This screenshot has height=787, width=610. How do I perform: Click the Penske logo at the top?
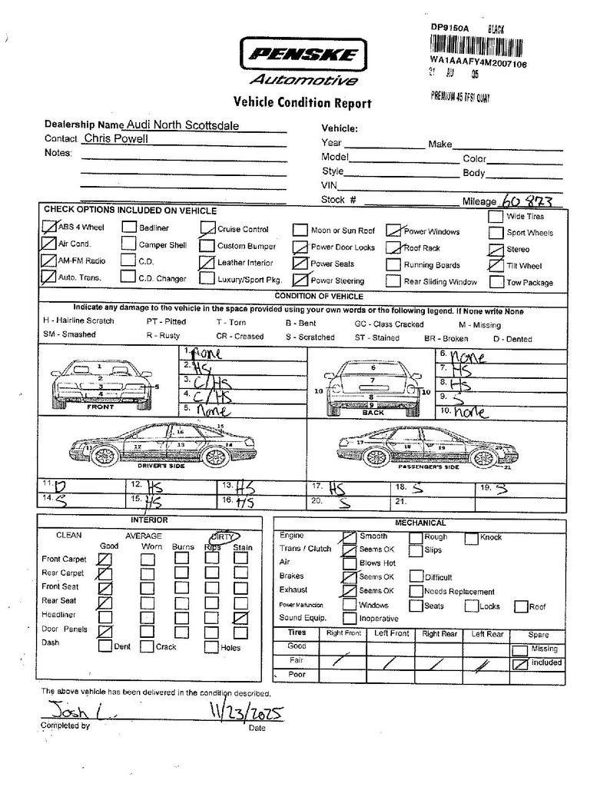point(303,55)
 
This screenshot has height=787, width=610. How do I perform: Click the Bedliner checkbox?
point(128,227)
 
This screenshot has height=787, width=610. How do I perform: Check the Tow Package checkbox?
point(495,281)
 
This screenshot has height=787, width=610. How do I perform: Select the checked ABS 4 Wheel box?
point(50,227)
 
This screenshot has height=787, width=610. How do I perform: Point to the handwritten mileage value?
point(527,200)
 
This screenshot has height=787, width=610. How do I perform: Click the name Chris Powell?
point(116,139)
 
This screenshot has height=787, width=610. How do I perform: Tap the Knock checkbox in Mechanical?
point(471,538)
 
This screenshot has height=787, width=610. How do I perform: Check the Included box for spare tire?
point(520,662)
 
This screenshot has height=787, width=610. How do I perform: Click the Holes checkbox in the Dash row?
point(210,646)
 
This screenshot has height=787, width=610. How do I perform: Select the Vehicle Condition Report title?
point(302,103)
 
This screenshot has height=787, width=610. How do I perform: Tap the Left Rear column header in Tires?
point(488,634)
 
